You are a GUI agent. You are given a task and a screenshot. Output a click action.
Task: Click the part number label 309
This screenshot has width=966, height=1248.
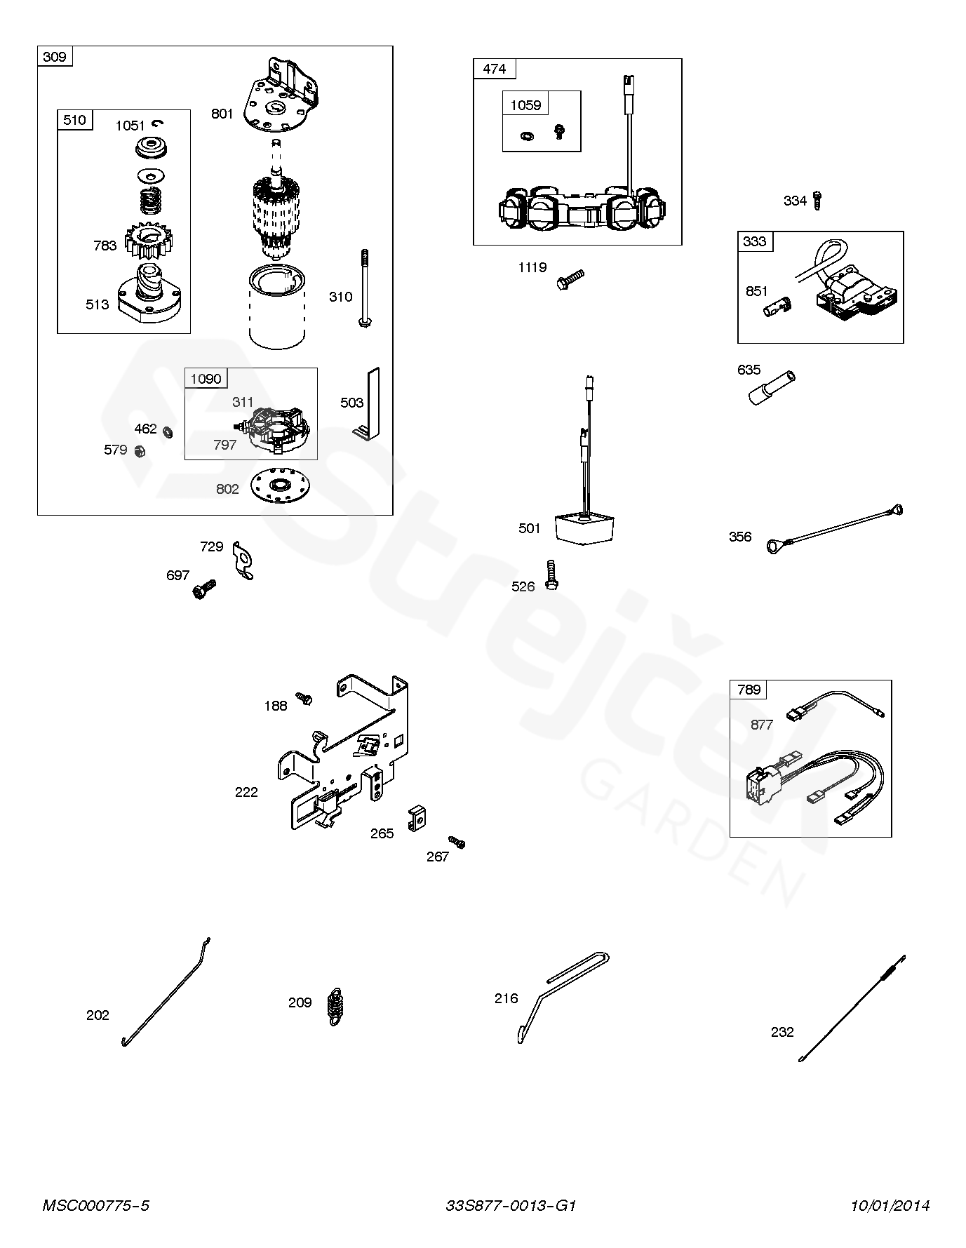[55, 56]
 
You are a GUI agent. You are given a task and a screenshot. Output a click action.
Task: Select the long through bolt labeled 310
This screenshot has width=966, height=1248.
[365, 288]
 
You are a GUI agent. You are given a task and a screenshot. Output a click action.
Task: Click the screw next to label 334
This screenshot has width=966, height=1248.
[817, 200]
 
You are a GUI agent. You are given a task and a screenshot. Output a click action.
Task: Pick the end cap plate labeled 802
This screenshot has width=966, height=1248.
[279, 485]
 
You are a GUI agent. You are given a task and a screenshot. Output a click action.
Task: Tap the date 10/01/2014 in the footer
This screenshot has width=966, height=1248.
[890, 1205]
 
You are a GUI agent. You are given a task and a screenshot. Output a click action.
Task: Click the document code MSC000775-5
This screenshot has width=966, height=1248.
[96, 1205]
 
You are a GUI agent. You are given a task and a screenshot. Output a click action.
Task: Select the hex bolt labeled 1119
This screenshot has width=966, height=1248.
[570, 279]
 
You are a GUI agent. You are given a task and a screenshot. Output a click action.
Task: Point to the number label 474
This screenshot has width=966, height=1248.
[495, 68]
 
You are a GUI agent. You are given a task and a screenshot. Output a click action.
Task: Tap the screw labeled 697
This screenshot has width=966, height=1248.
[203, 588]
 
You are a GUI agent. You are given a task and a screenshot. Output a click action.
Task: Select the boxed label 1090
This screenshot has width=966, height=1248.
[206, 379]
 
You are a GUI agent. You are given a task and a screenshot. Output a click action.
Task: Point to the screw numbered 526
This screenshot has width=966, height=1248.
[552, 574]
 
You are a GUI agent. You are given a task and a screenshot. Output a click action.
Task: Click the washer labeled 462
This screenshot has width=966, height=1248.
[168, 431]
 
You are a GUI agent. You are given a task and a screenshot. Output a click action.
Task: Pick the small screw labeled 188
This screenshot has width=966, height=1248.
[304, 698]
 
